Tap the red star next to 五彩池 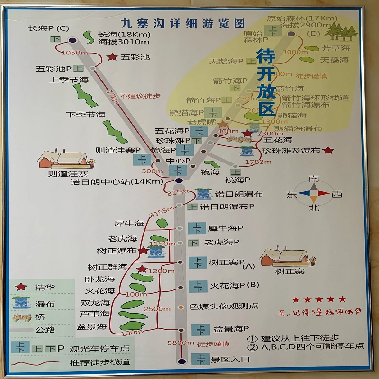point(112,57)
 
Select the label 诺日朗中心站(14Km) point(120,181)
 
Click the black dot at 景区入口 point(180,361)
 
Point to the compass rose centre point(313,193)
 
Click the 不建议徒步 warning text point(140,96)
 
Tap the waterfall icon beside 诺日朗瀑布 point(204,194)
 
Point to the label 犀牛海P point(226,228)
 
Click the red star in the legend point(21,287)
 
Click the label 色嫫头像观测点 point(224,307)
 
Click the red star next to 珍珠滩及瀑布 point(328,150)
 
